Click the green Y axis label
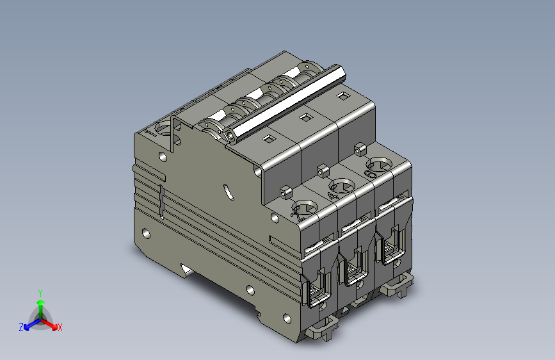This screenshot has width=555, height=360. point(40,292)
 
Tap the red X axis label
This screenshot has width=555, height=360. point(60,327)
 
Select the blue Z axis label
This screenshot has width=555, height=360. point(21,327)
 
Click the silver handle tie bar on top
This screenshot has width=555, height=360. point(288,102)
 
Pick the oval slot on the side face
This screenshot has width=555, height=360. point(227,191)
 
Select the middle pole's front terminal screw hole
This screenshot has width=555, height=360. point(339,186)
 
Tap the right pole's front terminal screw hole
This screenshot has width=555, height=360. point(375,167)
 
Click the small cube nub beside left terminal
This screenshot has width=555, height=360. point(284,191)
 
